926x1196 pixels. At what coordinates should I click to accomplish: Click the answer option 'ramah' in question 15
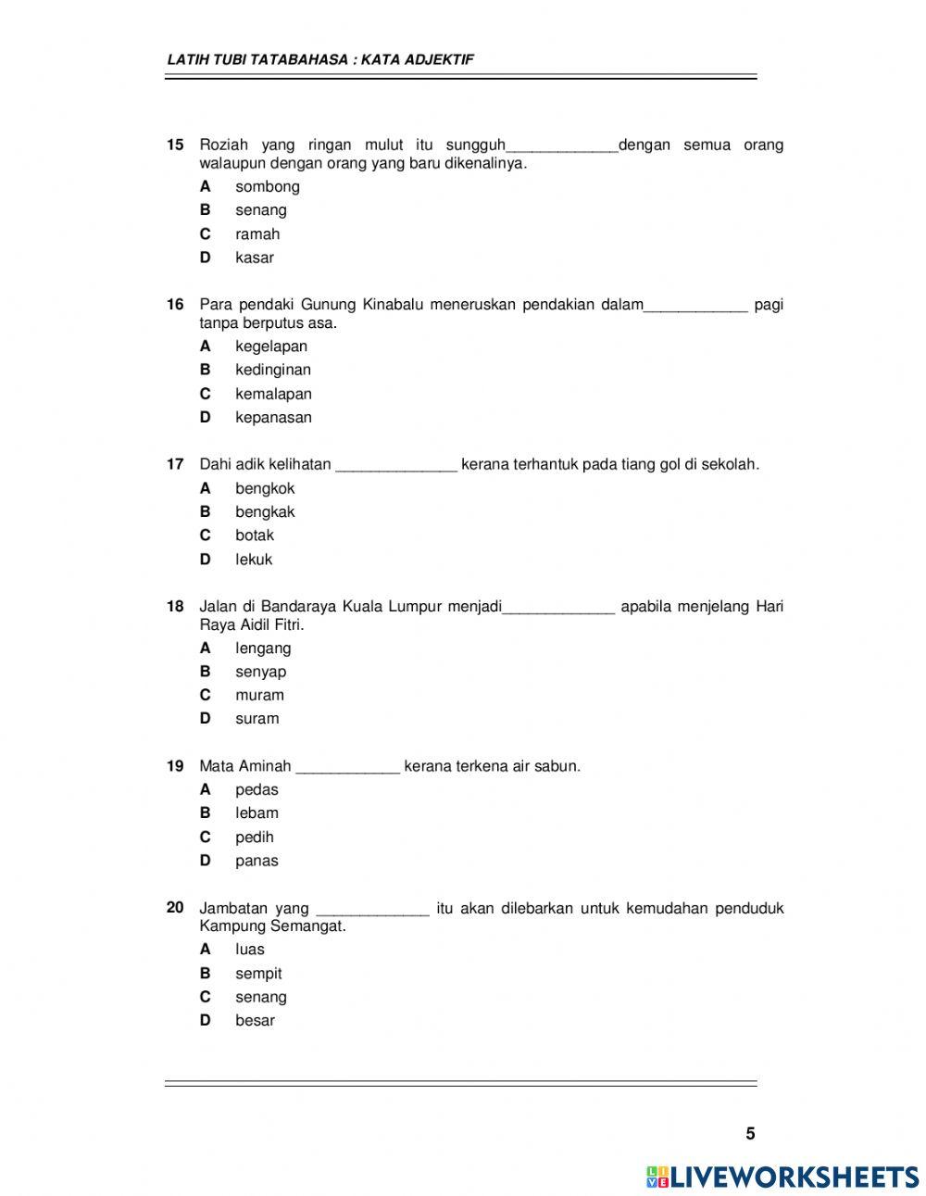tap(257, 234)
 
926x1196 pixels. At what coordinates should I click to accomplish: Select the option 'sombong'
tap(267, 186)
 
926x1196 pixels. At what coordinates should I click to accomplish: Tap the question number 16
tap(175, 305)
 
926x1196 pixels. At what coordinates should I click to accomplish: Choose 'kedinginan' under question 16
tap(272, 370)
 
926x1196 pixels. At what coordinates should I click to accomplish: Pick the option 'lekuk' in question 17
tap(254, 560)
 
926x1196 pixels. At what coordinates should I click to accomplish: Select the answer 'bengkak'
tap(265, 512)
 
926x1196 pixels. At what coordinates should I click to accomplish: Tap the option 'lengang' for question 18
tap(263, 648)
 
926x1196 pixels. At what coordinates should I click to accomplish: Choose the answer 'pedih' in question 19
tap(254, 837)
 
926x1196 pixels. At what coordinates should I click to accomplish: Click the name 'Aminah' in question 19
tap(265, 766)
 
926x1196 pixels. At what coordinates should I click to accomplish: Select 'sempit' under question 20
tap(258, 974)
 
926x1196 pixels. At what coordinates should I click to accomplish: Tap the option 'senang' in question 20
tap(260, 998)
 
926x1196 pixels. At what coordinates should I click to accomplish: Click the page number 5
tap(750, 1134)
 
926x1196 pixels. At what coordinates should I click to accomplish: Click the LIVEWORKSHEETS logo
tap(782, 1177)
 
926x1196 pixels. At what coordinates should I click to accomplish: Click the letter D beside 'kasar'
tap(206, 258)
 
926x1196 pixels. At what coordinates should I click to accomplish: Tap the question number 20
tap(175, 908)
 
